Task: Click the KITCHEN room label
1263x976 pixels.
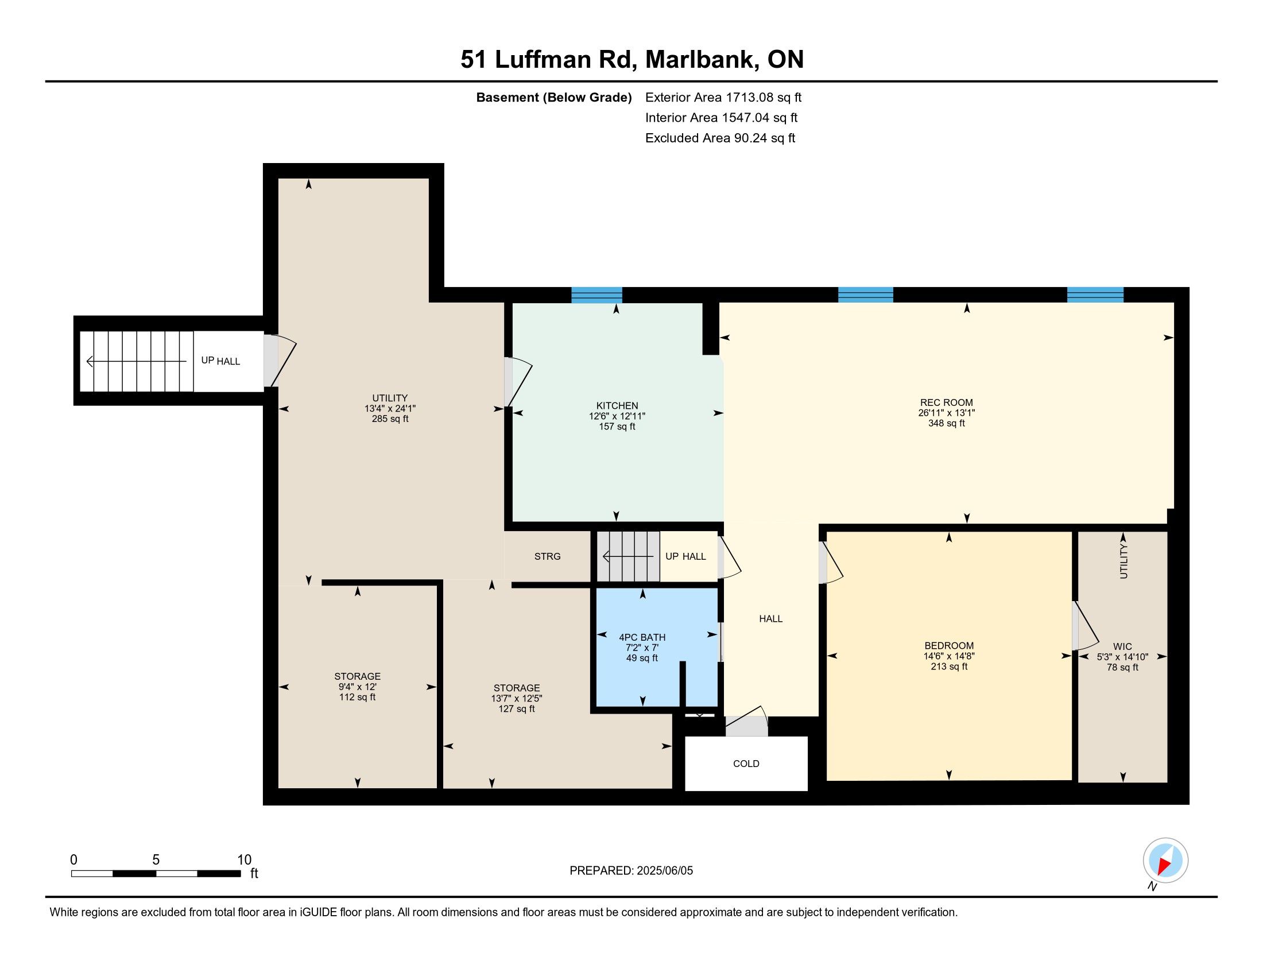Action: (617, 406)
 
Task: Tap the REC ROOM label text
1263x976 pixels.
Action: (947, 402)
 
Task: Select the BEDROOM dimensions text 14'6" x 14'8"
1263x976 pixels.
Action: (949, 656)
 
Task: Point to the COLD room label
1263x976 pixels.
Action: (746, 764)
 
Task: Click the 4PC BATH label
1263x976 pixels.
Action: (642, 637)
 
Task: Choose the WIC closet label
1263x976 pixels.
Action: (1122, 646)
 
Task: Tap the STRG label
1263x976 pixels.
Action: (547, 556)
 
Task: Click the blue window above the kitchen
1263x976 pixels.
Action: (597, 295)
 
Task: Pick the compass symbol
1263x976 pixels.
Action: (1165, 860)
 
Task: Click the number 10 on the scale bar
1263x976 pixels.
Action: (245, 860)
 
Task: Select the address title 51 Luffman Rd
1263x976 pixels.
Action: (549, 60)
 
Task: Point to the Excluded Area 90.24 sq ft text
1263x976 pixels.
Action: (720, 138)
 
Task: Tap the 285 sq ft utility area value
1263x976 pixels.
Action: (390, 419)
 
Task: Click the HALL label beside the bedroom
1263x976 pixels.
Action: (771, 619)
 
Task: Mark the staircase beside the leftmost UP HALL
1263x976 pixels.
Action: (137, 361)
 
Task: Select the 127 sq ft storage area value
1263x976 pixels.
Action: (517, 709)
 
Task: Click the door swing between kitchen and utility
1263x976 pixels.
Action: (519, 382)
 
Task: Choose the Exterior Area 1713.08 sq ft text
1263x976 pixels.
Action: (723, 98)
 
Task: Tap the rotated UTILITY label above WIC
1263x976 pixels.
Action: (1123, 561)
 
